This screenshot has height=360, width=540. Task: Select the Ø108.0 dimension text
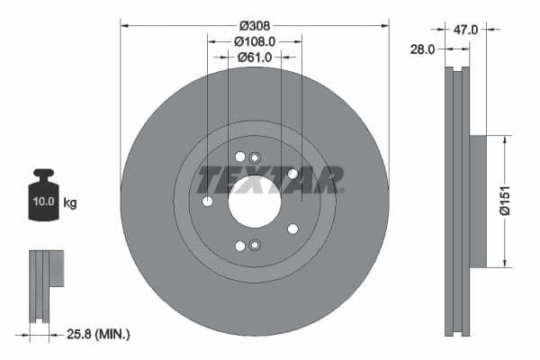click(x=255, y=41)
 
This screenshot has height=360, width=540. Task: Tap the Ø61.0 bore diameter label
click(x=255, y=58)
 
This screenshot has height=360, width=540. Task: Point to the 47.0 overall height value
click(x=465, y=30)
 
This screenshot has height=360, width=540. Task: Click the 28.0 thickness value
click(x=423, y=49)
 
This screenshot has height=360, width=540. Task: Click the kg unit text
click(x=70, y=203)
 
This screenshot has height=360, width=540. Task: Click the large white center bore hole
click(x=255, y=201)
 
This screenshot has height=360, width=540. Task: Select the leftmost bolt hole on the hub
click(x=208, y=201)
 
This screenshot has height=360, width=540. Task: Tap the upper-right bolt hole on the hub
click(x=292, y=174)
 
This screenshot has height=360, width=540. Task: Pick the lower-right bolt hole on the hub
click(x=292, y=229)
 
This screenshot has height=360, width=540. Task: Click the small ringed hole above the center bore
click(x=255, y=157)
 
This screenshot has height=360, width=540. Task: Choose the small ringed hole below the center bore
click(x=255, y=245)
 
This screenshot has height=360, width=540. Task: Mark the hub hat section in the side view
click(x=477, y=201)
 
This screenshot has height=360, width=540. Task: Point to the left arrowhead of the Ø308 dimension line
click(x=124, y=25)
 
